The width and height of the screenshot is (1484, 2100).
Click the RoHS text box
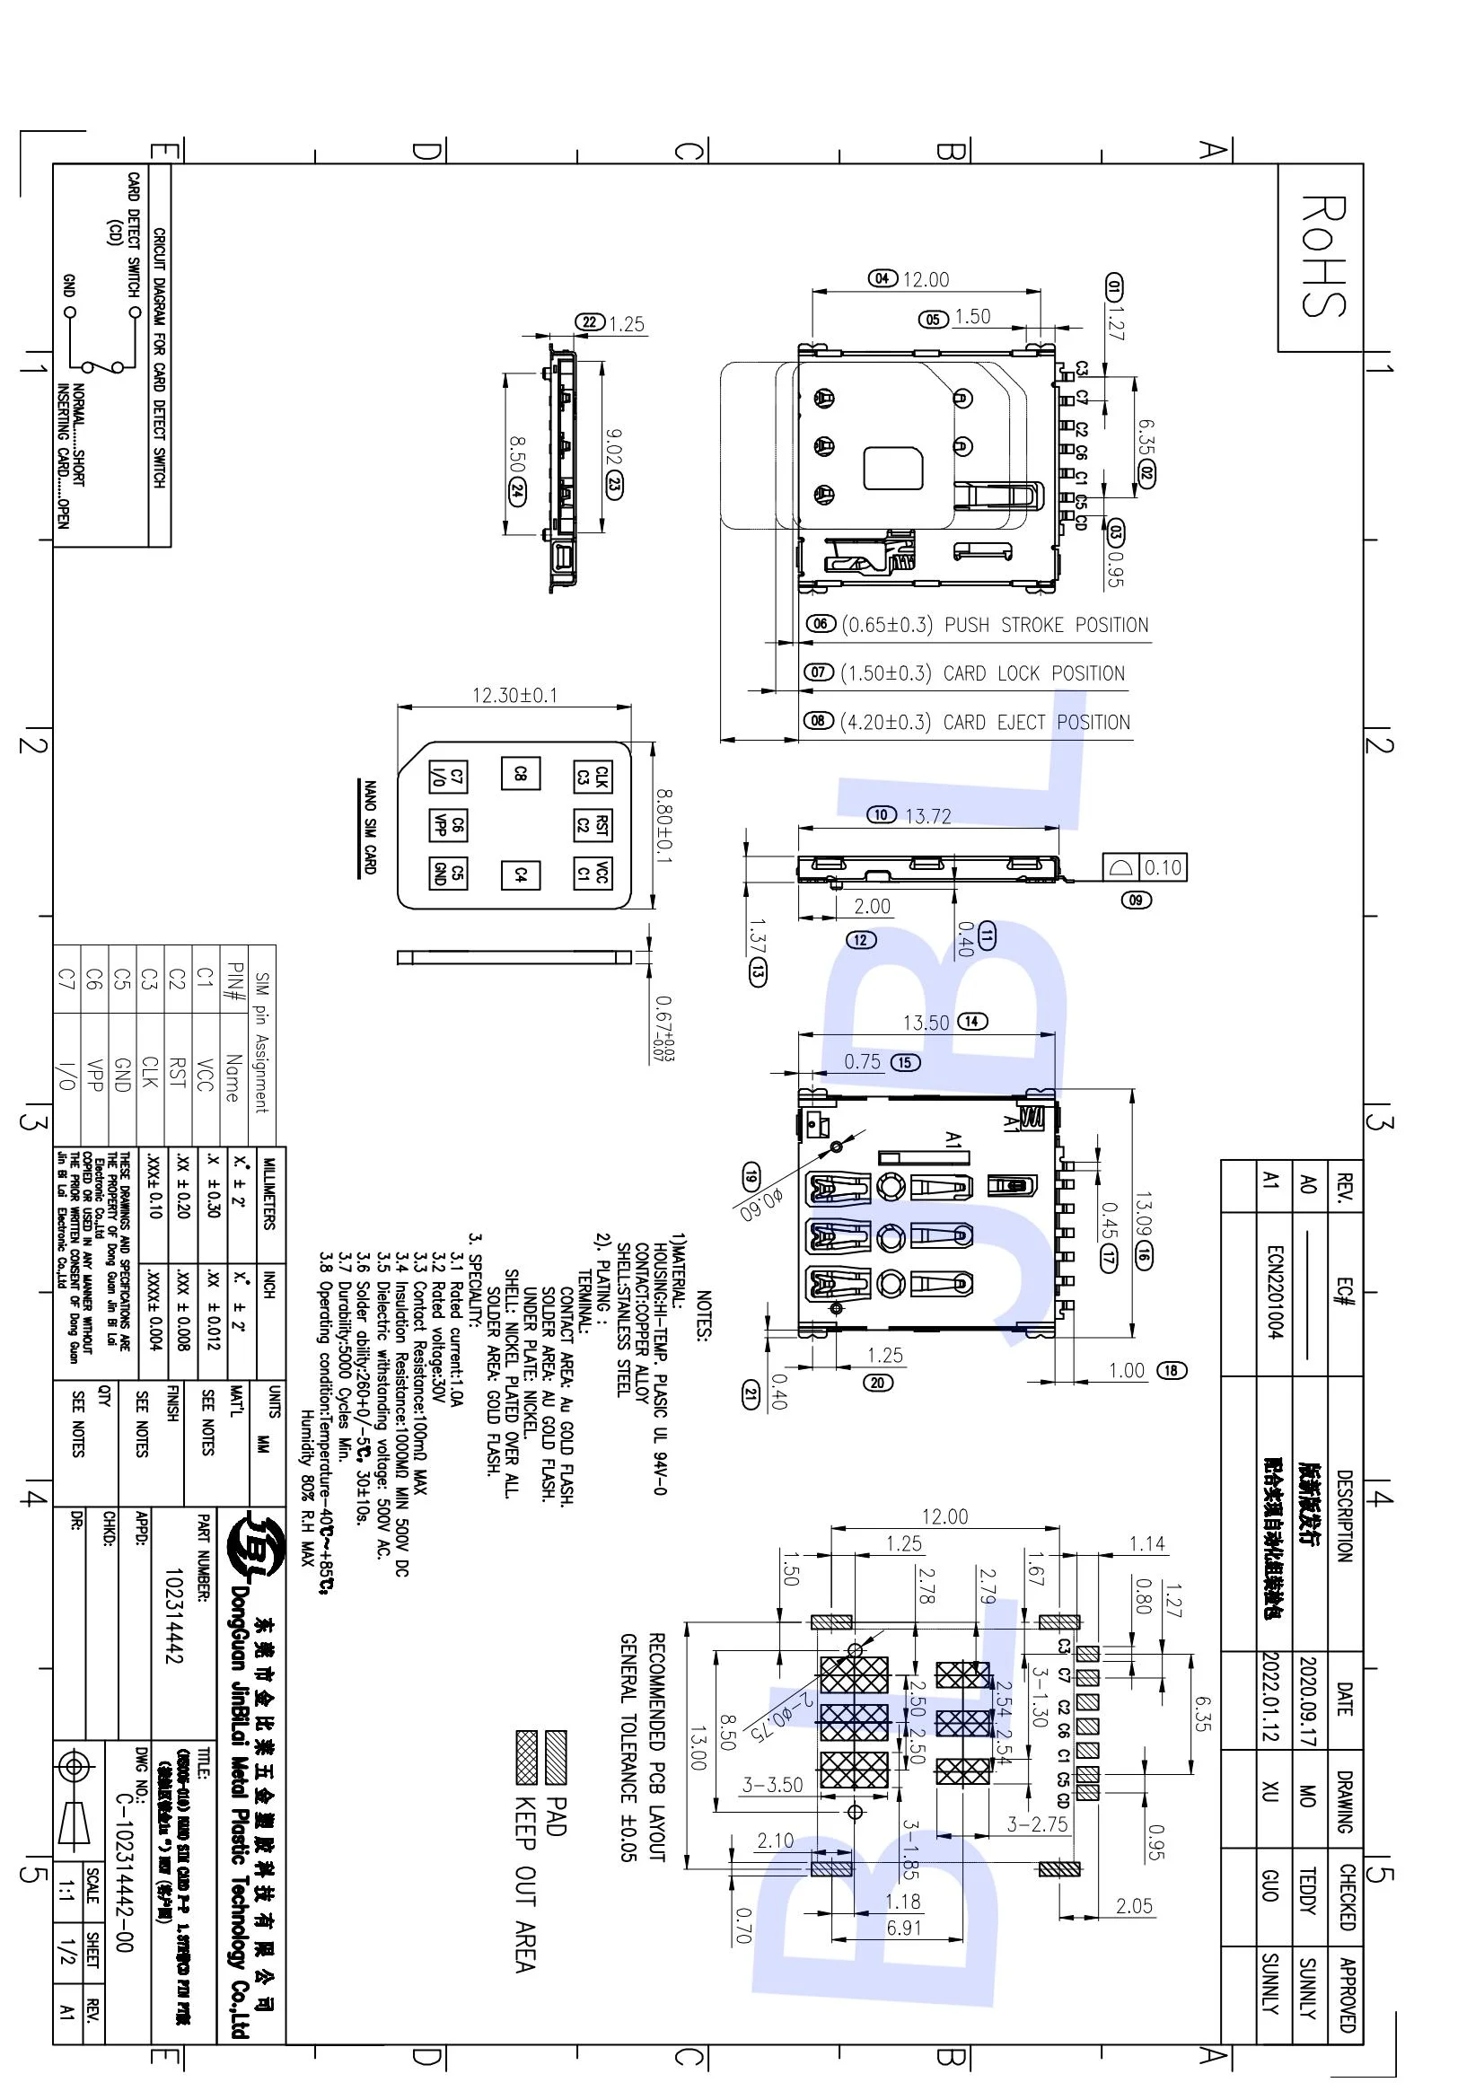(x=1322, y=257)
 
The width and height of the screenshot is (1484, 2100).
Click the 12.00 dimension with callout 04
(x=926, y=279)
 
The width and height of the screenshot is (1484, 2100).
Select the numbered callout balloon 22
(x=590, y=322)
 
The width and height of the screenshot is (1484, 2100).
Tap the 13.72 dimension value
(x=927, y=816)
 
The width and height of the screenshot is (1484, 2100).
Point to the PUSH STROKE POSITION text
(x=1046, y=625)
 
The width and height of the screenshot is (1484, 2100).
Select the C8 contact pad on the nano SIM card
(x=521, y=773)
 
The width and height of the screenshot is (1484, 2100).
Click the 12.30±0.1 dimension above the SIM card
(x=514, y=695)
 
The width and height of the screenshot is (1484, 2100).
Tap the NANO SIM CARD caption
(x=370, y=827)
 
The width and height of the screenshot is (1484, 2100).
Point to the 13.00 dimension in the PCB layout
(x=698, y=1748)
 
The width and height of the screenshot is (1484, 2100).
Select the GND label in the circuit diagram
(x=68, y=285)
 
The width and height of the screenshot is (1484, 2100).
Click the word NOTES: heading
(x=703, y=1315)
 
